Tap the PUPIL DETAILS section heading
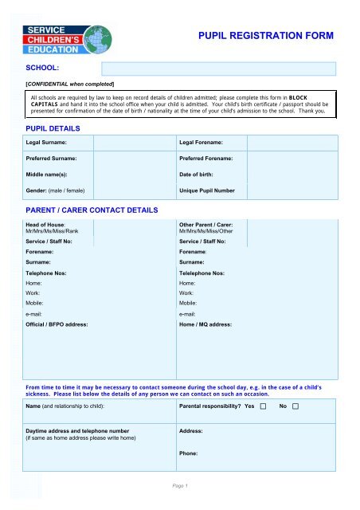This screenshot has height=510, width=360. (x=53, y=127)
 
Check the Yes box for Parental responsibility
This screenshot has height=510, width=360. (x=263, y=406)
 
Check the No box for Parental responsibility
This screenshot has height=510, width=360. (x=295, y=406)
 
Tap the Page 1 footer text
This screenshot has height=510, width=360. (x=179, y=485)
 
